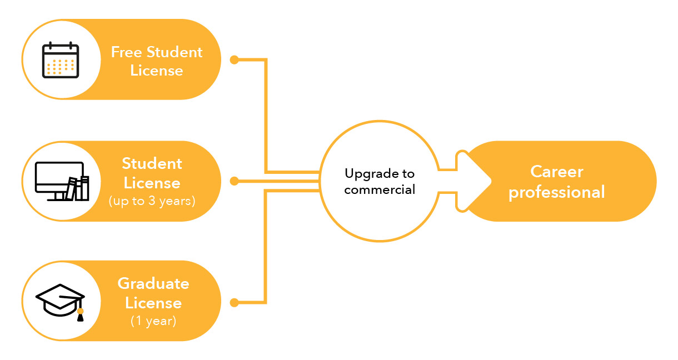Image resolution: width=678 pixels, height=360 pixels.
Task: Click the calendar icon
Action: (x=61, y=59)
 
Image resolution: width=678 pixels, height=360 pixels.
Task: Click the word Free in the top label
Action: (x=127, y=52)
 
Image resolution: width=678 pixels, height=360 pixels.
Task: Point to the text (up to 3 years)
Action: (x=152, y=201)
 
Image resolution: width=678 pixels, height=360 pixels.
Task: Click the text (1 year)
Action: (x=153, y=321)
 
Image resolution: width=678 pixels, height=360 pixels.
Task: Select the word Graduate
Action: (x=153, y=283)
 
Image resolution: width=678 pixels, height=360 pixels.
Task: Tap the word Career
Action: (x=557, y=171)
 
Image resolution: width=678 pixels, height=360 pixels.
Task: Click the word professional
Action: (x=557, y=192)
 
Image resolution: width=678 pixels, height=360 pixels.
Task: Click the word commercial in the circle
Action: (x=380, y=189)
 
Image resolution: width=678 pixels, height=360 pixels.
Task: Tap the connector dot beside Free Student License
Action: (x=234, y=59)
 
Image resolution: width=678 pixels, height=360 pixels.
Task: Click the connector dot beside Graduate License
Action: (x=234, y=303)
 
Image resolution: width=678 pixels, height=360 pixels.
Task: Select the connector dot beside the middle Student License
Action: (x=234, y=181)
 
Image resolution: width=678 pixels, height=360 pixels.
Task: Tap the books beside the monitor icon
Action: (x=78, y=189)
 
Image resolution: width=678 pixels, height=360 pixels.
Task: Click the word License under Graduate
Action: (x=153, y=303)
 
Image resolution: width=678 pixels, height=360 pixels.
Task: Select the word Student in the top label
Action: (x=175, y=52)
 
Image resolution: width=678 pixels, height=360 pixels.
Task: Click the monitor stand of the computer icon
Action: (x=59, y=196)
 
